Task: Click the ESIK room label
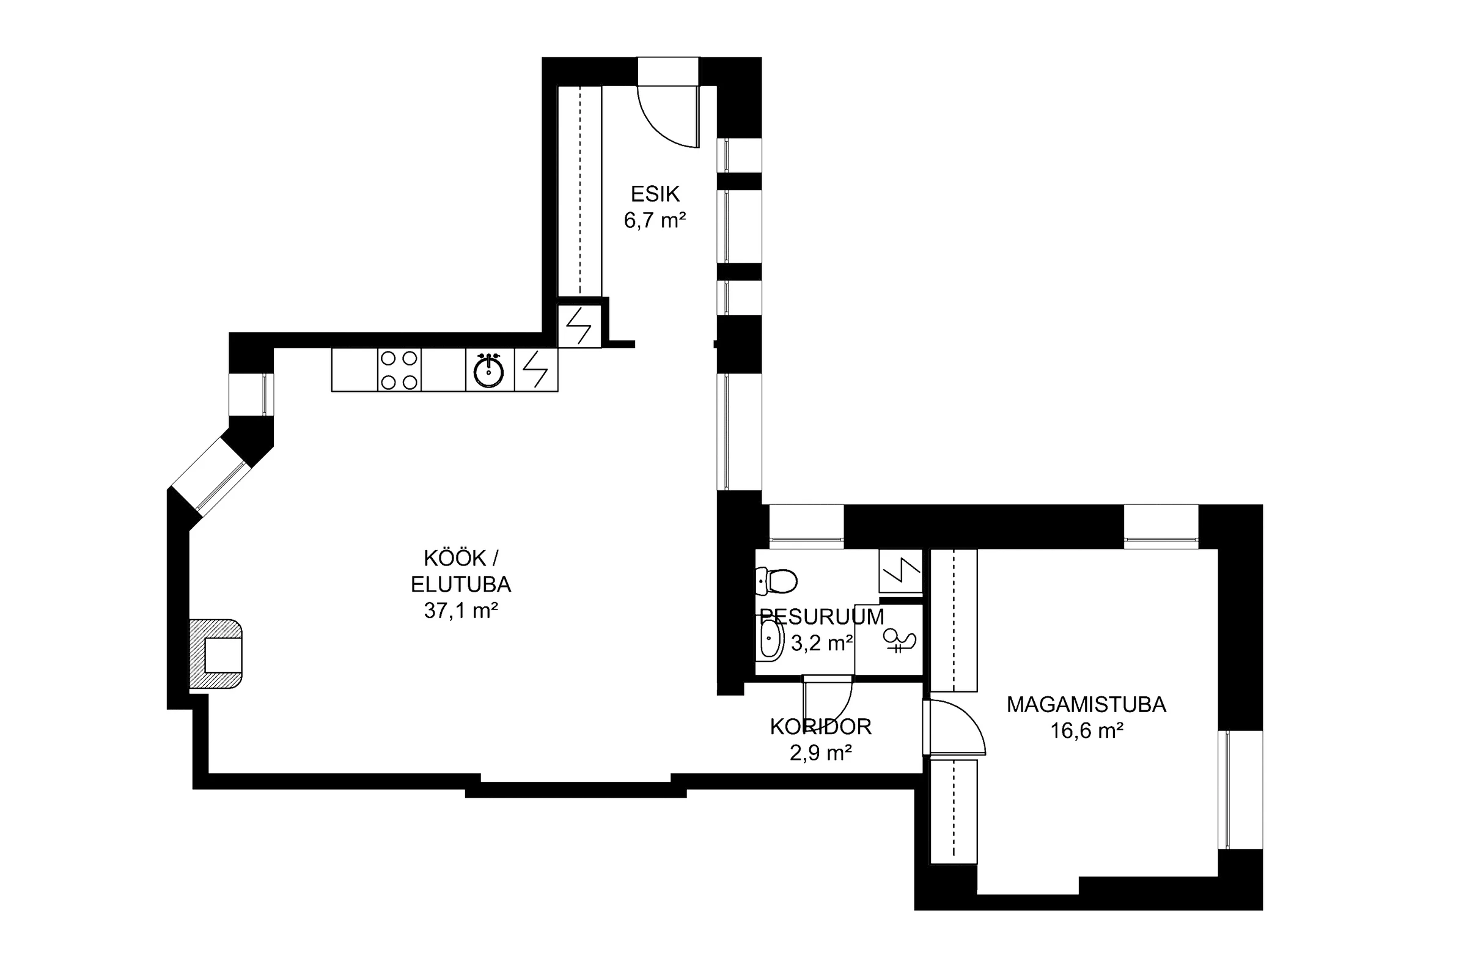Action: click(655, 194)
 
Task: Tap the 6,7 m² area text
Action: click(655, 220)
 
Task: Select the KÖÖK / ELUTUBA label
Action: click(461, 571)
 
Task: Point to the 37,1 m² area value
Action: click(461, 610)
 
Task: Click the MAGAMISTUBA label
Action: click(1087, 704)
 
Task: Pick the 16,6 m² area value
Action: click(1087, 730)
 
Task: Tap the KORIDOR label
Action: click(821, 727)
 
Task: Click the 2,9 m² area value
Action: click(821, 753)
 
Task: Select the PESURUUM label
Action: click(822, 617)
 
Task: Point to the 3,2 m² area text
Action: click(822, 643)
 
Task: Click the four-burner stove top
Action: click(399, 370)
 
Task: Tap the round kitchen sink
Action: click(488, 371)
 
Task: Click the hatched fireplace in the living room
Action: click(215, 653)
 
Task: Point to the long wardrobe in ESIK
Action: click(579, 191)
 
